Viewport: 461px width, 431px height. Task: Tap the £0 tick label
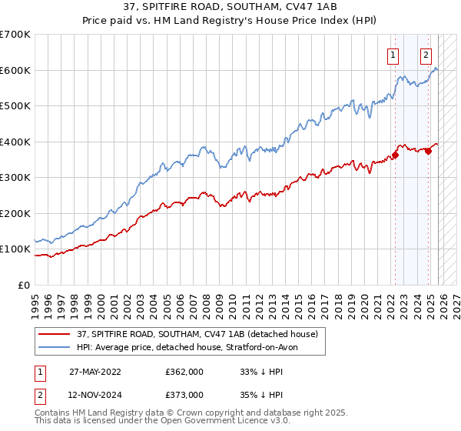23,285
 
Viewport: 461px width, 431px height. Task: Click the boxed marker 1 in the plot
393,54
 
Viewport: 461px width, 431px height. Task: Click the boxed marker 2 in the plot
426,54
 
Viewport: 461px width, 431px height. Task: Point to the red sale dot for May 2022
395,155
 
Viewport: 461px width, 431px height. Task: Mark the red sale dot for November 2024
428,151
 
